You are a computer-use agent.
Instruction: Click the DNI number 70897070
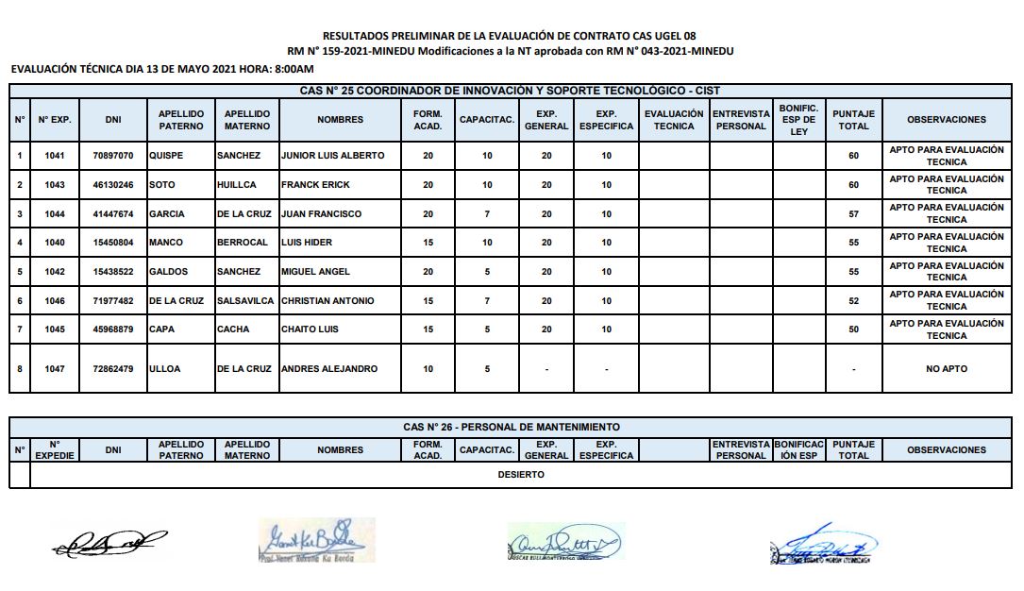coord(113,155)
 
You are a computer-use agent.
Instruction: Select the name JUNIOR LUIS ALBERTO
coord(332,155)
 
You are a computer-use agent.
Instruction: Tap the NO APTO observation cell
coord(946,369)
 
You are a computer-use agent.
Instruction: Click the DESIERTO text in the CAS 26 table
coord(521,475)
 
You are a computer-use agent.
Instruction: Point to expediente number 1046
coord(55,301)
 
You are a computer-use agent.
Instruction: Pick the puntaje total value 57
coord(853,214)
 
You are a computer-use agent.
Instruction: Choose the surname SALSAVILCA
coord(247,301)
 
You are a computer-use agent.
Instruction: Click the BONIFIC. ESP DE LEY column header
coord(798,120)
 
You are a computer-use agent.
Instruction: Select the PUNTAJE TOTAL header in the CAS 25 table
coord(853,120)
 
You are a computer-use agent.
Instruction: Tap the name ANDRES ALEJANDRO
coord(328,369)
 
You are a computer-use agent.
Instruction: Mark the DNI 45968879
coord(113,329)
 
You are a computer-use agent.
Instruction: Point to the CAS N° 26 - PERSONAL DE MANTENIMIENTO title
coord(512,428)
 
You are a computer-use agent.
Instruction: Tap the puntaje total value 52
coord(853,301)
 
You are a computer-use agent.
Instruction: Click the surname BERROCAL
coord(243,243)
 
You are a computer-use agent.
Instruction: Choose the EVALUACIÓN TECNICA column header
coord(674,120)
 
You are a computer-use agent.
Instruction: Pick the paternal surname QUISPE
coord(166,155)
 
